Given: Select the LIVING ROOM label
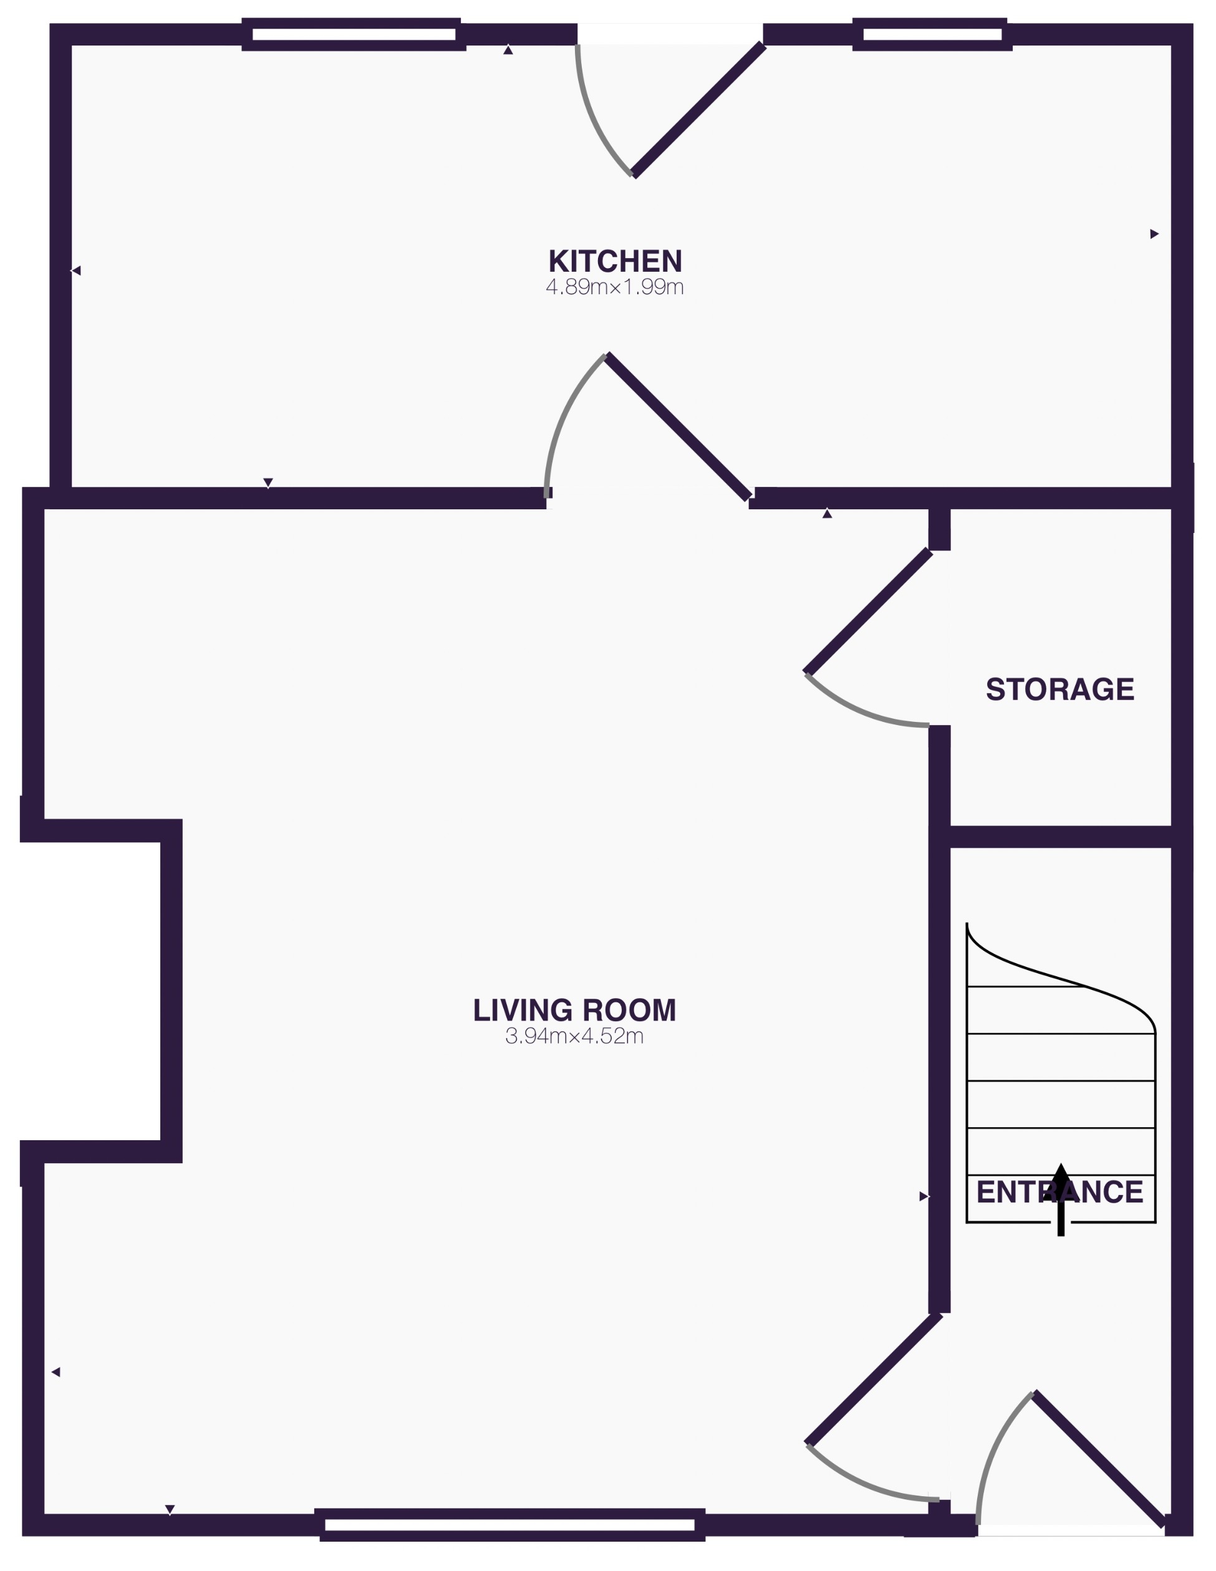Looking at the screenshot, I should click(574, 1010).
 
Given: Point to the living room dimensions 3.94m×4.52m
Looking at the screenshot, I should click(574, 1037).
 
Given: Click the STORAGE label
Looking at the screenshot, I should click(1060, 689).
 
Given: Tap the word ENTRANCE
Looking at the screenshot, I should click(1059, 1192).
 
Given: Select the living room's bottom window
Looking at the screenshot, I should click(510, 1525).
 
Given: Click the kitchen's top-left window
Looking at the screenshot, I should click(354, 34).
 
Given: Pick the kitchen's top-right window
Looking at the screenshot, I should click(932, 34).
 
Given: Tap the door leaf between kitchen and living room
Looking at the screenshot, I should click(678, 426).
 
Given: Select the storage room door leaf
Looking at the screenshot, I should click(868, 612).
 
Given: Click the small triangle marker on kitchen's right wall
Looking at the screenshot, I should click(1154, 234).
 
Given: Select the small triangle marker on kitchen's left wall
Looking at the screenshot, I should click(76, 271).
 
